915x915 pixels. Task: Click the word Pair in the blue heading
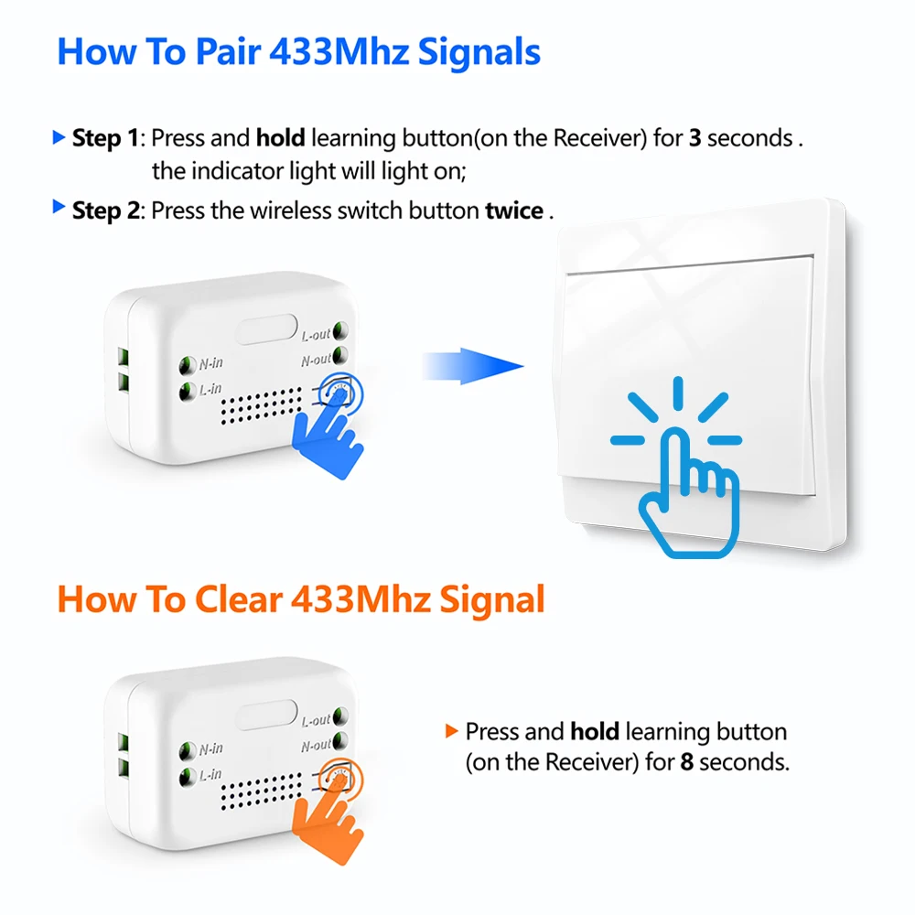(228, 52)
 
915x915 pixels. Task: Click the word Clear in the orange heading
(238, 599)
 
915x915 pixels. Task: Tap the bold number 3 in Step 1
(694, 138)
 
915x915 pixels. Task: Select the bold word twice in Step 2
(514, 210)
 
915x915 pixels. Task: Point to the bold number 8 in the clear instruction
(687, 762)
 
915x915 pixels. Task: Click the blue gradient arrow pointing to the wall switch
(473, 367)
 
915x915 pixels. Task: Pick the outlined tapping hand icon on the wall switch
(690, 496)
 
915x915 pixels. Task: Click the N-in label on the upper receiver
(210, 363)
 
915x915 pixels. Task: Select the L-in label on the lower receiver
(210, 775)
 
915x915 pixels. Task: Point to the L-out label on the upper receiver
(316, 335)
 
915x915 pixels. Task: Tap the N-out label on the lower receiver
(316, 746)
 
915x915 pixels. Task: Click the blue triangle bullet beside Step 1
(59, 137)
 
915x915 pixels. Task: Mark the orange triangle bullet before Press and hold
(451, 730)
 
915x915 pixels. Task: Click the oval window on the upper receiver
(266, 329)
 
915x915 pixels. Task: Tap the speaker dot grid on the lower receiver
(261, 791)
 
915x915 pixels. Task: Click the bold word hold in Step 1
(280, 138)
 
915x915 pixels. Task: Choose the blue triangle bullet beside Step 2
(59, 206)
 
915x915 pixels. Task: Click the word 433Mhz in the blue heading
(339, 52)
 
